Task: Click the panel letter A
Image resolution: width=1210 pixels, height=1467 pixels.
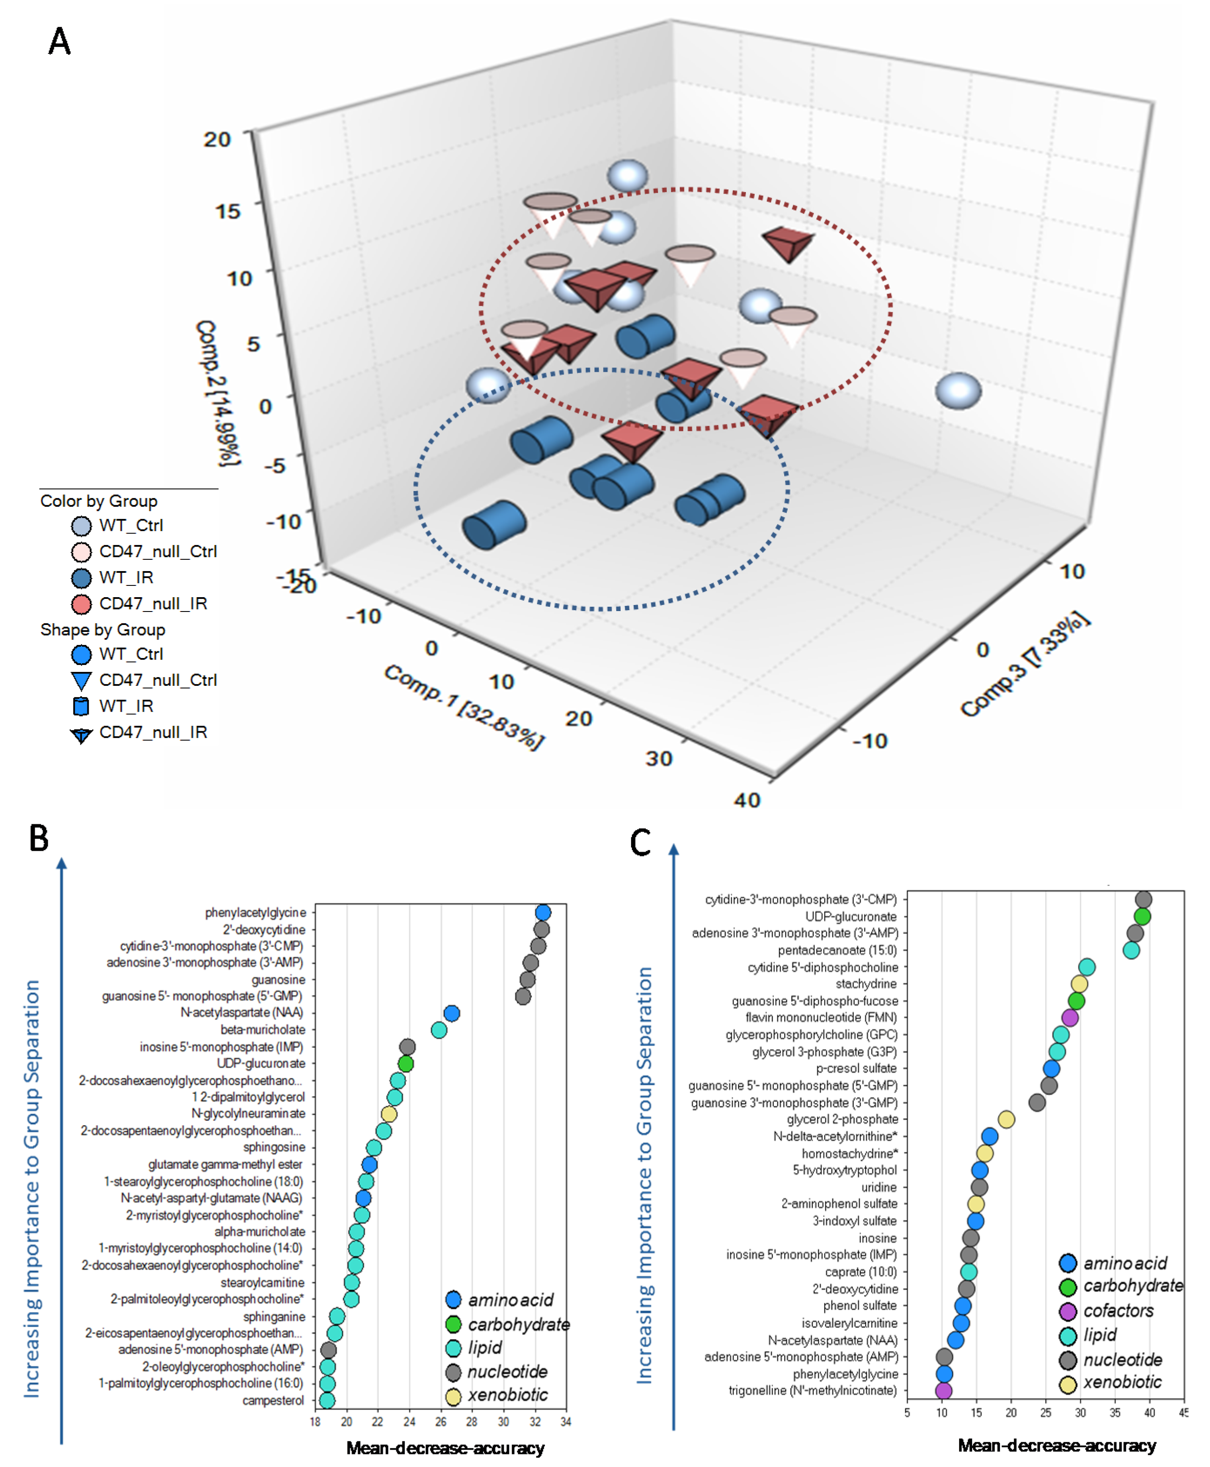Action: click(x=59, y=41)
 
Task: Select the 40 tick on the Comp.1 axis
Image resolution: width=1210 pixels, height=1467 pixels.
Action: click(x=746, y=799)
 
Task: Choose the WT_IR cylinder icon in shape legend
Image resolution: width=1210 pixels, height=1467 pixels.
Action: click(x=81, y=706)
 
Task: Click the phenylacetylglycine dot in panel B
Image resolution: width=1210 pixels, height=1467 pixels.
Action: click(x=543, y=912)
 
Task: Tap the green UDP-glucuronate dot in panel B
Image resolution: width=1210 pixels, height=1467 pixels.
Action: click(x=406, y=1063)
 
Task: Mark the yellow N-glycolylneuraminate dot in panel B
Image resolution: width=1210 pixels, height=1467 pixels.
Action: click(x=389, y=1114)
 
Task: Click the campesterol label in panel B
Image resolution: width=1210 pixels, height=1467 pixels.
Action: click(x=273, y=1400)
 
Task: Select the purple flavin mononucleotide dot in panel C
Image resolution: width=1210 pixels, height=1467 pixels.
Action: click(x=1070, y=1017)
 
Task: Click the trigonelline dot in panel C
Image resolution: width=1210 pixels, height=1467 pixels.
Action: click(x=943, y=1390)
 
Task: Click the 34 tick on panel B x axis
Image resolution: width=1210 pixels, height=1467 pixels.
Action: click(x=565, y=1422)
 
